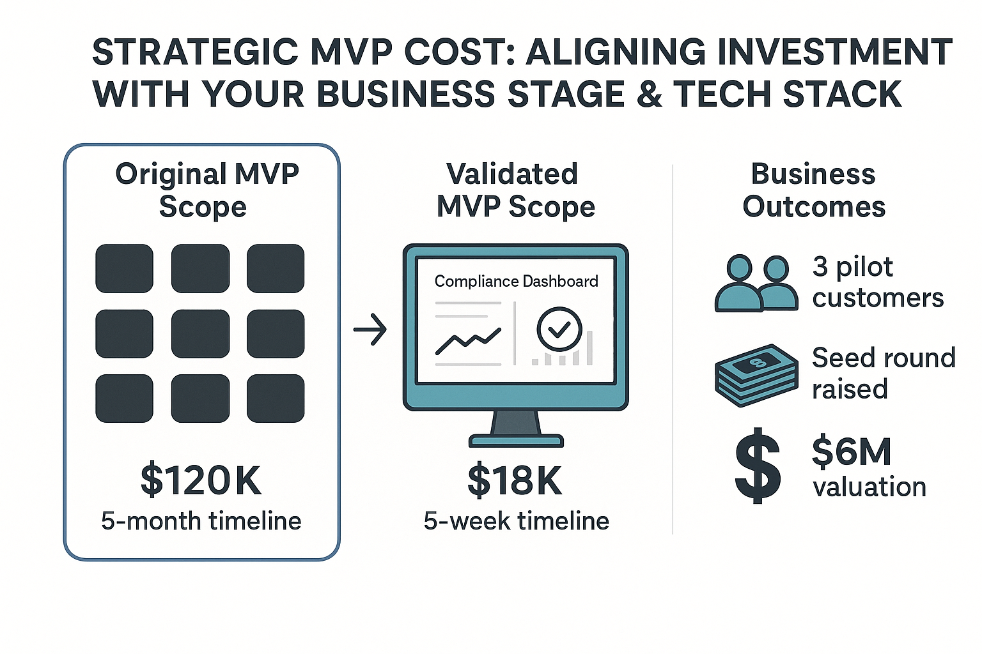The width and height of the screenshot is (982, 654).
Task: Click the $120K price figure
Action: [x=201, y=480]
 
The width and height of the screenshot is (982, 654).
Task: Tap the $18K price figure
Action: [x=515, y=480]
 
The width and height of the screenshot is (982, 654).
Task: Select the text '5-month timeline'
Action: [x=201, y=521]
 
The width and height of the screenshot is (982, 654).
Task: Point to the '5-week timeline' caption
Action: [x=516, y=521]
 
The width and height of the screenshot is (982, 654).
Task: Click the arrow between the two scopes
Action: [x=370, y=330]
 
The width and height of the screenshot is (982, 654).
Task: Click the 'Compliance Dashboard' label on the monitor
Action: [x=516, y=281]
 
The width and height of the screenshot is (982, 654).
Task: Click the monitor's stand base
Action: [x=516, y=440]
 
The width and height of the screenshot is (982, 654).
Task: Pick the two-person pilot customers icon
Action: [x=756, y=284]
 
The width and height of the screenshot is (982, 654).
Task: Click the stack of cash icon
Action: [x=756, y=375]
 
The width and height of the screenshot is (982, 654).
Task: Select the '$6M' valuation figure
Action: [x=851, y=451]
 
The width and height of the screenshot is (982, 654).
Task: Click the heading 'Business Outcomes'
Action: [x=813, y=190]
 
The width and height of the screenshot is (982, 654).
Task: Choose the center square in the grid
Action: [x=200, y=333]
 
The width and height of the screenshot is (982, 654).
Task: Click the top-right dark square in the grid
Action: [x=276, y=268]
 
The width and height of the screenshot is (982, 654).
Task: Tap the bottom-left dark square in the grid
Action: [x=125, y=399]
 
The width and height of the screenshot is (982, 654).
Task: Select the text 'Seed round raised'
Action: [x=883, y=373]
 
